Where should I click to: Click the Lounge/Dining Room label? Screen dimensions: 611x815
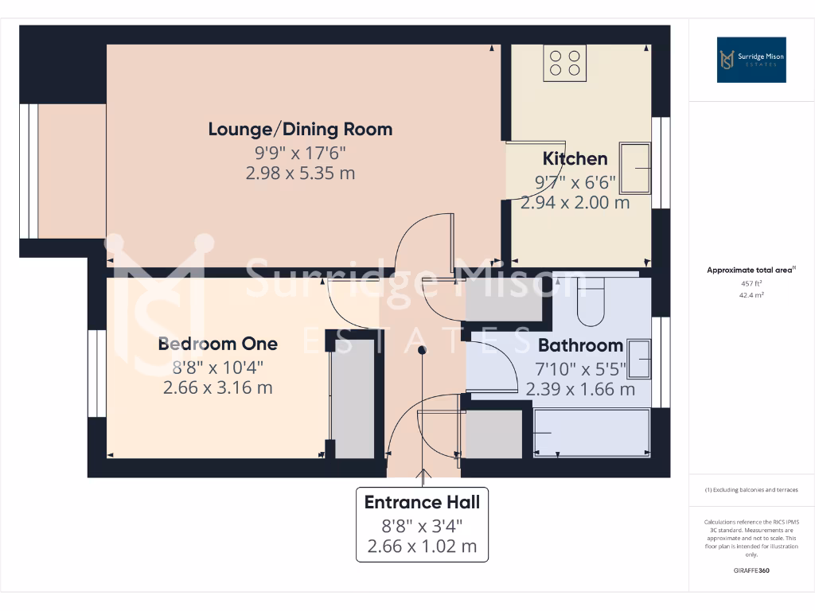[x=300, y=129]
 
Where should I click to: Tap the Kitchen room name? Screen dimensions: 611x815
[x=575, y=158]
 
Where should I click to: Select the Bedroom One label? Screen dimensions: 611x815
[x=217, y=344]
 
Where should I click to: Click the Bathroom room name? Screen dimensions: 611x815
[x=580, y=345]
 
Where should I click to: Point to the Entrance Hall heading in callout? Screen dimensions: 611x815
[x=422, y=502]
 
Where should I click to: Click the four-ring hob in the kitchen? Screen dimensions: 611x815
[x=565, y=62]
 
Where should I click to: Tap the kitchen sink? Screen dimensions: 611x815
[x=634, y=168]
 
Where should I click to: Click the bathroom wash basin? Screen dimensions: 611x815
[x=639, y=359]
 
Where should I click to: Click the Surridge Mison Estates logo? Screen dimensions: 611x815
[x=751, y=60]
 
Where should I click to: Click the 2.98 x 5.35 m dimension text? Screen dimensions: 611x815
[x=300, y=173]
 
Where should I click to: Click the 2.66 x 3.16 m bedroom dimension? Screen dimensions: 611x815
[x=217, y=387]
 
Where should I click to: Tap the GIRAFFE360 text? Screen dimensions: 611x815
[x=751, y=570]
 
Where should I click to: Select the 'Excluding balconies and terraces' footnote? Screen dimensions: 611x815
[x=751, y=490]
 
